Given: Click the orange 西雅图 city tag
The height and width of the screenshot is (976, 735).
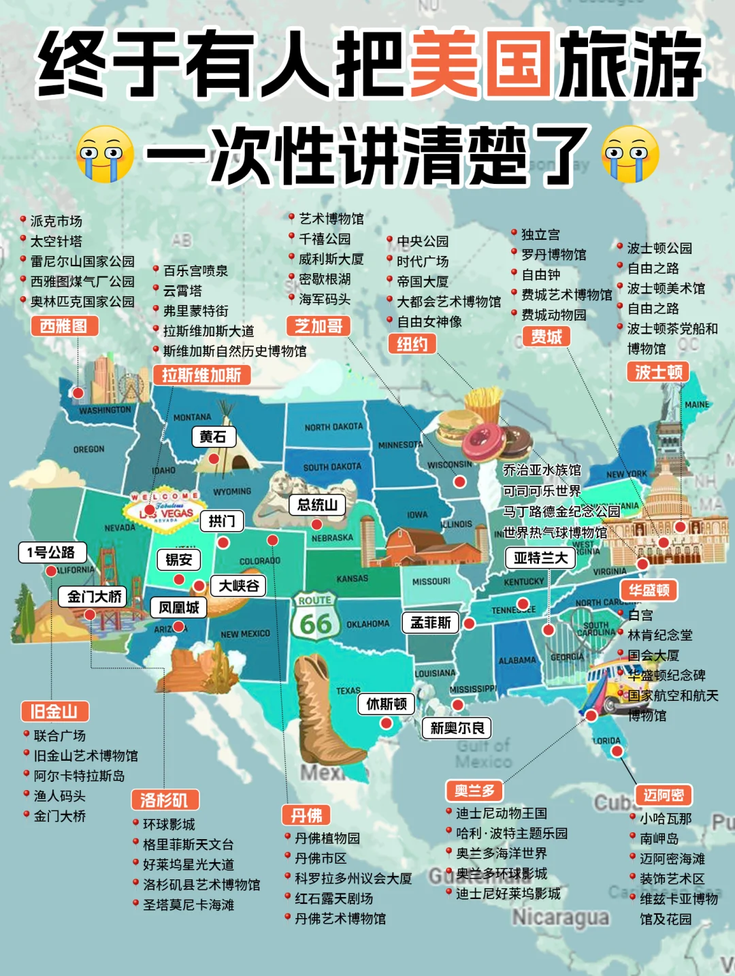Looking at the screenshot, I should click(64, 326).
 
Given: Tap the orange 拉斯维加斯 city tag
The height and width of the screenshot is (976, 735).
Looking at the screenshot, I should click(201, 375).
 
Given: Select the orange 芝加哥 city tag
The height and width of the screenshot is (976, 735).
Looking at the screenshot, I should click(318, 326).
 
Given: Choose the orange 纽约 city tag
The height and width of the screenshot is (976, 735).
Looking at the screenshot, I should click(412, 344).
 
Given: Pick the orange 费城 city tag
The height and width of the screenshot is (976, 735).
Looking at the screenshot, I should click(546, 336).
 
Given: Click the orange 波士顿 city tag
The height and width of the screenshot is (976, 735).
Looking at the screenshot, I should click(658, 371).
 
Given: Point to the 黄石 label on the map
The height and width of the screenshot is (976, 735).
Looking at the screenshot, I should click(213, 437).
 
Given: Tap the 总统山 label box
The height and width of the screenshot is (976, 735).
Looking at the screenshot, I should click(317, 505).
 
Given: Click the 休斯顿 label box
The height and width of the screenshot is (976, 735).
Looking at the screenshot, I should click(387, 704).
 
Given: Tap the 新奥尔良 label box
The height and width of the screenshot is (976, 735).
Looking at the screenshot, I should click(457, 728).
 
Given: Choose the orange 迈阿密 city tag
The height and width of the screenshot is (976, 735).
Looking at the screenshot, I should click(664, 795).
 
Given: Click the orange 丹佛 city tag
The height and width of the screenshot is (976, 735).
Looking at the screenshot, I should click(306, 815).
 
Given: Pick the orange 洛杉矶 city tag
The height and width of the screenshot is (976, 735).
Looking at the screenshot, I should click(164, 800).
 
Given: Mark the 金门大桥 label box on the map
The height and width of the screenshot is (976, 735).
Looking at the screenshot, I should click(95, 597).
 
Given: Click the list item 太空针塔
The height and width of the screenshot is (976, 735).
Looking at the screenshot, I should click(56, 241).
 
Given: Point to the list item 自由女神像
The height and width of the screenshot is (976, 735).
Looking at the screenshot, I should click(429, 321).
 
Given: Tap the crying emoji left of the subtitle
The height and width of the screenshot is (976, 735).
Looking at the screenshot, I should click(104, 154).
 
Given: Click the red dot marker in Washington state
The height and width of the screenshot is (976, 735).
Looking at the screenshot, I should click(79, 393).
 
